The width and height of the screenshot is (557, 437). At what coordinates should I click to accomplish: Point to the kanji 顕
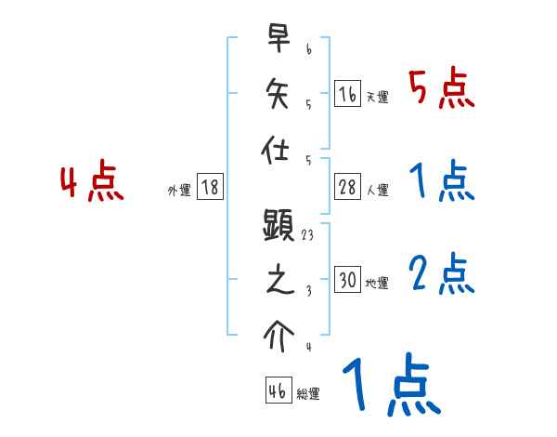pos(279,228)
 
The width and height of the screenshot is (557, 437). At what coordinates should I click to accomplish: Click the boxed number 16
pos(347,93)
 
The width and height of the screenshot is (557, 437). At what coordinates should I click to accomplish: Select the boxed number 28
pos(347,187)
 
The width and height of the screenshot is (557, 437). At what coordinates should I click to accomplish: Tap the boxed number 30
pos(347,280)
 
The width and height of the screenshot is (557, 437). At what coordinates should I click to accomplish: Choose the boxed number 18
pos(210,187)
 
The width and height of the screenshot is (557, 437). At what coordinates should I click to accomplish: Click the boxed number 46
pos(276,391)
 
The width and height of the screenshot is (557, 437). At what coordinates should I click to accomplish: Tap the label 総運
pos(307,395)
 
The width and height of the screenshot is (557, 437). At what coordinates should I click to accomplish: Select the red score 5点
pos(441,89)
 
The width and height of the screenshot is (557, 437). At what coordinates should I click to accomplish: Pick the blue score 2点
pos(441,274)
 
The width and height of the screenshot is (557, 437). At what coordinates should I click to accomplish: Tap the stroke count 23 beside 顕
pos(307,236)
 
